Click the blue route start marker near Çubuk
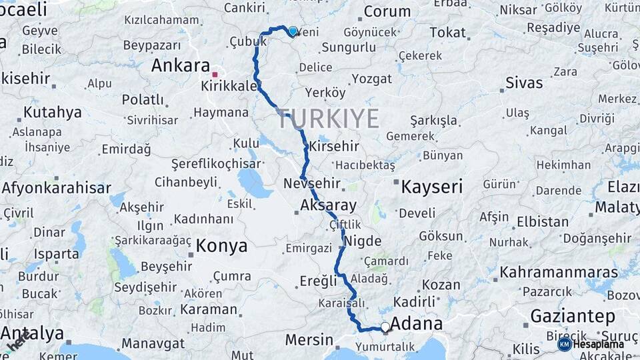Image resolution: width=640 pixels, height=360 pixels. (x=293, y=31)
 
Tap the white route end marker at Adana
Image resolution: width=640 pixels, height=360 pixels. (x=385, y=327)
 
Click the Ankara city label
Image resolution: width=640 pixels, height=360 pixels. (x=181, y=65)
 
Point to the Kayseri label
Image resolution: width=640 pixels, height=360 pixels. (x=431, y=187)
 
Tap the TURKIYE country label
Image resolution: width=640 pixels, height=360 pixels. (x=328, y=119)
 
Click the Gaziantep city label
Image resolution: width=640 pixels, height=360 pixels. (x=573, y=315)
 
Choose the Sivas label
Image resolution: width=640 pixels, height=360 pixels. (x=524, y=83)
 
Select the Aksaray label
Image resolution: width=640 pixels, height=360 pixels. (x=328, y=205)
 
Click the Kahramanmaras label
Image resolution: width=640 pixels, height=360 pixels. (x=559, y=272)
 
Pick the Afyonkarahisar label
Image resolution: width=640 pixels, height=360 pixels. (x=56, y=188)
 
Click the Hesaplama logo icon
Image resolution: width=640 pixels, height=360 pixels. (x=565, y=344)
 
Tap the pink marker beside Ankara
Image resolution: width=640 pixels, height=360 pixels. (x=215, y=75)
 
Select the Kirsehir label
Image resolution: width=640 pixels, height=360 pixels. (x=335, y=146)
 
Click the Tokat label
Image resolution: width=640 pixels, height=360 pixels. (x=447, y=33)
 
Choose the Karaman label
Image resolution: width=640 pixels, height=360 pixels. (x=209, y=310)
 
